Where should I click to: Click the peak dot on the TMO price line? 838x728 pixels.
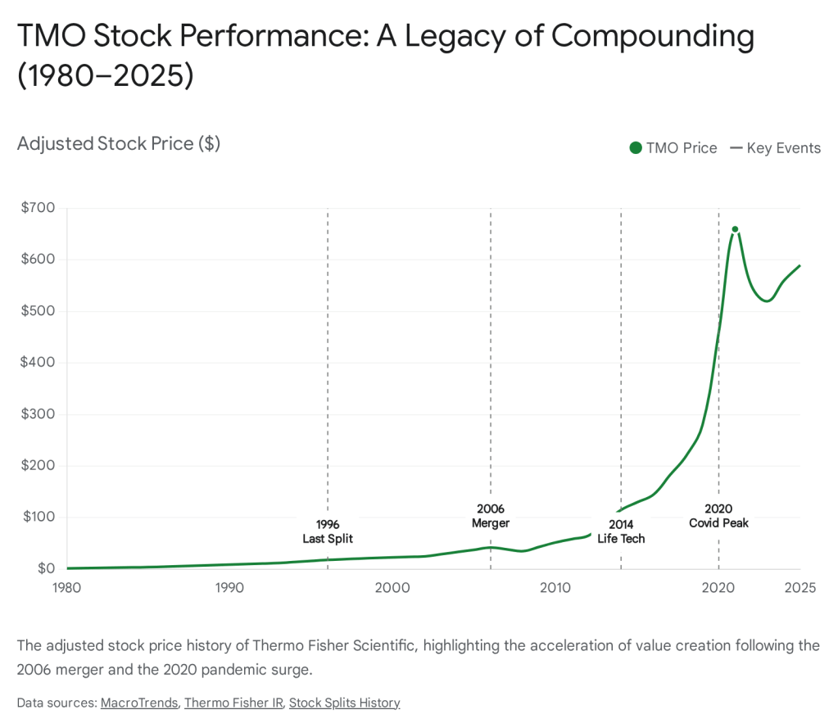tap(735, 229)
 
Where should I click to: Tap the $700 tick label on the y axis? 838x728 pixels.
tap(38, 208)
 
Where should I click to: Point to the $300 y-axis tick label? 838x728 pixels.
tap(38, 414)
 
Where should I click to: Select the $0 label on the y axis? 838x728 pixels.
tap(45, 568)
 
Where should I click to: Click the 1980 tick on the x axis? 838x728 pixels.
tap(66, 587)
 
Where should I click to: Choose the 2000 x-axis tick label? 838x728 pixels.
tap(392, 587)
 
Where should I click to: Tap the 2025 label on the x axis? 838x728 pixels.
tap(799, 587)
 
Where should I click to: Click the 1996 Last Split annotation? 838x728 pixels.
tap(328, 531)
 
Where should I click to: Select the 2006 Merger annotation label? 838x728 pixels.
tap(491, 516)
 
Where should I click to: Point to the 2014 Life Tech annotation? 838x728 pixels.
tap(621, 531)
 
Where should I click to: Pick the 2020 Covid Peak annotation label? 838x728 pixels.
tap(718, 516)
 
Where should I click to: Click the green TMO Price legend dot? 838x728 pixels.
tap(636, 148)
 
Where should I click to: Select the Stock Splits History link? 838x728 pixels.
tap(344, 703)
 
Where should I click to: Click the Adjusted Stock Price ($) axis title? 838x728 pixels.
tap(119, 144)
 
